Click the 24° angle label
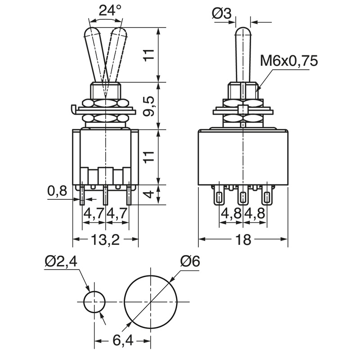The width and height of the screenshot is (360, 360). [110, 10]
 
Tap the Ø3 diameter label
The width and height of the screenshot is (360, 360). [221, 13]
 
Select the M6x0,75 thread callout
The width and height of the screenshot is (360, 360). [289, 61]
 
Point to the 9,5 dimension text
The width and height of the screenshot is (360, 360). [149, 106]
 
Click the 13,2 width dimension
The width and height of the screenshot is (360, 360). [105, 240]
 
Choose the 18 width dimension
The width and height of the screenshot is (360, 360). [243, 240]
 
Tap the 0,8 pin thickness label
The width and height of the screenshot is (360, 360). [58, 191]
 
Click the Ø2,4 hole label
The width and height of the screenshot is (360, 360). [61, 262]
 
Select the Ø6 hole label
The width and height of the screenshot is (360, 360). [190, 261]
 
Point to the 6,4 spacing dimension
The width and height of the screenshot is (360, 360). [123, 340]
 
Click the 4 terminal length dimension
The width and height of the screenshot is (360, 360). [149, 194]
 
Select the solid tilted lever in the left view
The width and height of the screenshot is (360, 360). [96, 55]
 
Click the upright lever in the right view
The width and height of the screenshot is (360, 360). [243, 55]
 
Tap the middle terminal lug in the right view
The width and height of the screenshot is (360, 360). [243, 195]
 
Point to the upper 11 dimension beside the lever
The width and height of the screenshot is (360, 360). [149, 54]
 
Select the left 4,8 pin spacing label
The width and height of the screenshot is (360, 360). [231, 213]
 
